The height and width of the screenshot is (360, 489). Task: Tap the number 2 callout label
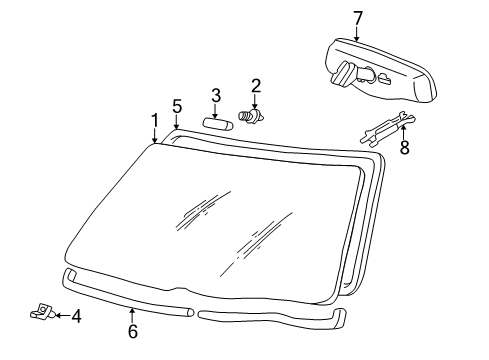coord(255,86)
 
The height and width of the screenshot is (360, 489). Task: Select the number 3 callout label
coord(215,95)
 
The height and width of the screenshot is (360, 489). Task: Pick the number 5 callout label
coord(177,105)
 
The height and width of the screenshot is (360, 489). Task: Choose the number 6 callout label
coord(132,331)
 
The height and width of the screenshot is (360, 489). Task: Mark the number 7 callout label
coord(357,16)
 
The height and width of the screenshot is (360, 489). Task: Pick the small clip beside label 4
coord(40,313)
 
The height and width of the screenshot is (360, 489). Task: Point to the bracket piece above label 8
coord(384,127)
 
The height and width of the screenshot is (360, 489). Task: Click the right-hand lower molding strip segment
coord(270,318)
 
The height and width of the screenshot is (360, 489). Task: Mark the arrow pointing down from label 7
coord(357,33)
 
